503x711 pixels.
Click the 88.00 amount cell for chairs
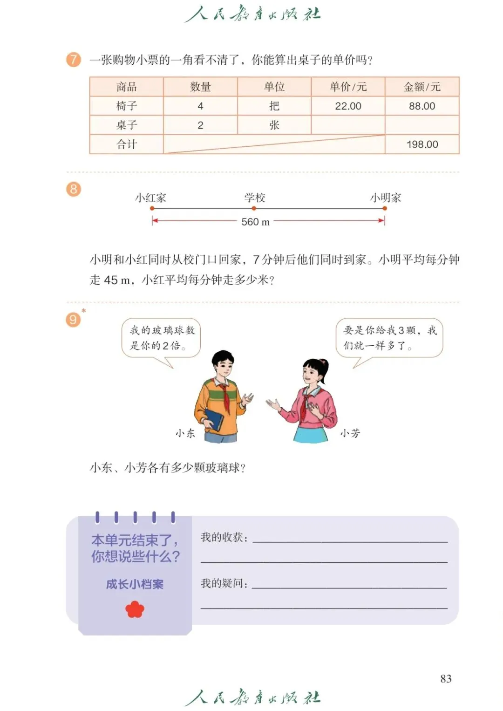click(x=422, y=106)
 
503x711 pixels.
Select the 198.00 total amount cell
click(x=422, y=144)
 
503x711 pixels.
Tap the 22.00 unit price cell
click(x=348, y=106)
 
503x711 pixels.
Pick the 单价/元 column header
click(x=348, y=87)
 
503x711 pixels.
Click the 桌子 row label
click(x=126, y=125)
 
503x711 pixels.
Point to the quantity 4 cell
click(x=200, y=106)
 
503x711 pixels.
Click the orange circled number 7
click(x=73, y=60)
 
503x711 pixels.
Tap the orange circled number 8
click(x=73, y=189)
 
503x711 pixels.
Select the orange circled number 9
click(x=73, y=320)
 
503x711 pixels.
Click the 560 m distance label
click(x=255, y=222)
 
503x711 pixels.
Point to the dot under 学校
click(x=254, y=208)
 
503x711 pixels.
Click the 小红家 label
click(x=150, y=198)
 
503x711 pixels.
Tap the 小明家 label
click(x=386, y=198)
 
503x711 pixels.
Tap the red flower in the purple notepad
click(x=135, y=609)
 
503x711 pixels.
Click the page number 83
click(x=446, y=678)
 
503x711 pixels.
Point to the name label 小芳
click(x=350, y=433)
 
